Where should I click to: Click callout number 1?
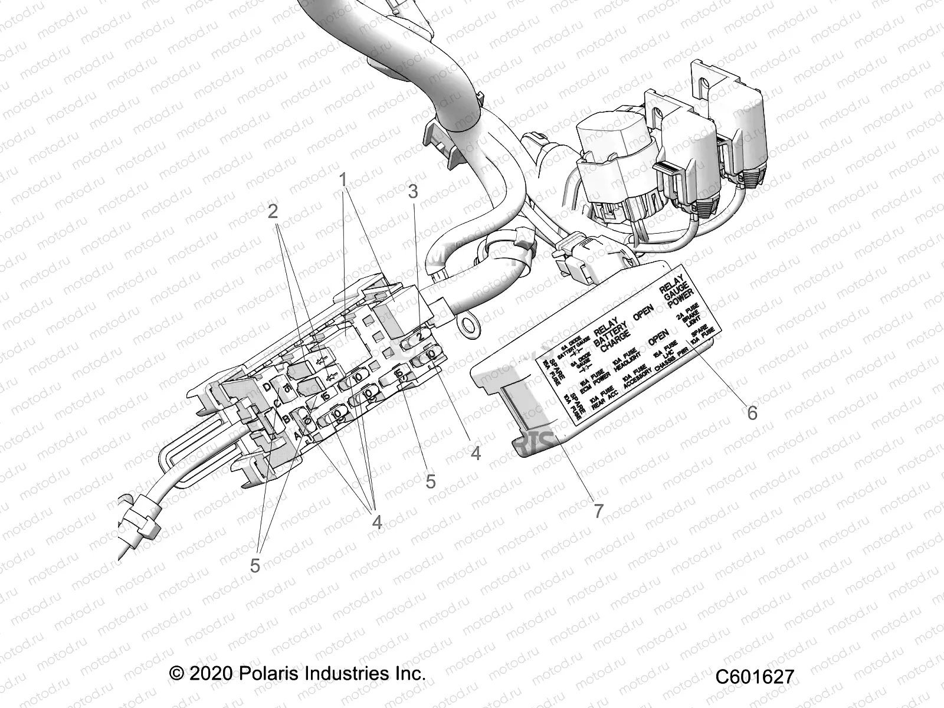pos(343,179)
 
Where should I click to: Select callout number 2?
pos(273,211)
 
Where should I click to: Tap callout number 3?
pos(413,192)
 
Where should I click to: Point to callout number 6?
pos(752,412)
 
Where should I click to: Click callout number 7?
pos(598,511)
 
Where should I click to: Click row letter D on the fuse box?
pos(268,387)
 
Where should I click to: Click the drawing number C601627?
pos(755,677)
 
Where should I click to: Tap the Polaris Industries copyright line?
pos(297,673)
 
